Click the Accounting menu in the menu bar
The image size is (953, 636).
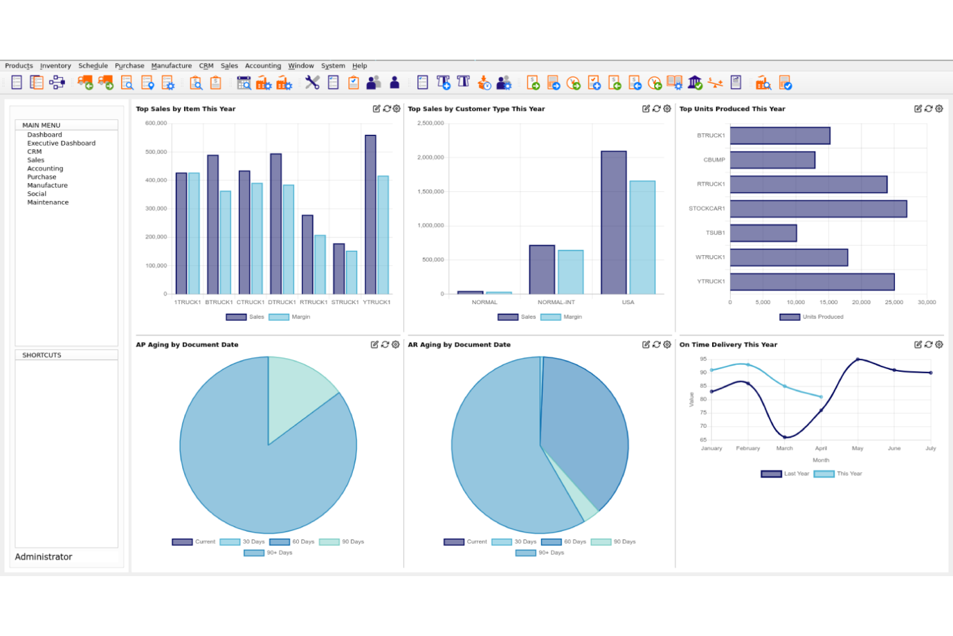[x=263, y=66]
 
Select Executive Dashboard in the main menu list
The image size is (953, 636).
[x=61, y=143]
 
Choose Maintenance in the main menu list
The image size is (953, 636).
[x=48, y=202]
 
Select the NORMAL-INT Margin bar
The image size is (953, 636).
[x=571, y=273]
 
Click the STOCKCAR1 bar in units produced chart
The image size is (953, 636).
[x=818, y=209]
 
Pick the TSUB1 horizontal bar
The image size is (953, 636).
[x=763, y=233]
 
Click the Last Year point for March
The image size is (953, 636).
[x=784, y=438]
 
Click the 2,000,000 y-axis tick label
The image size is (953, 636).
[x=431, y=157]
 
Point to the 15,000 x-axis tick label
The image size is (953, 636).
[x=828, y=302]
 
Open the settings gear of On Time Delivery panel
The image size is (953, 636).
[x=939, y=345]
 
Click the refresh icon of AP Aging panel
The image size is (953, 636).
[x=385, y=345]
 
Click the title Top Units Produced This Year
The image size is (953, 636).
[x=732, y=109]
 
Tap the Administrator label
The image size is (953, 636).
[x=44, y=557]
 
